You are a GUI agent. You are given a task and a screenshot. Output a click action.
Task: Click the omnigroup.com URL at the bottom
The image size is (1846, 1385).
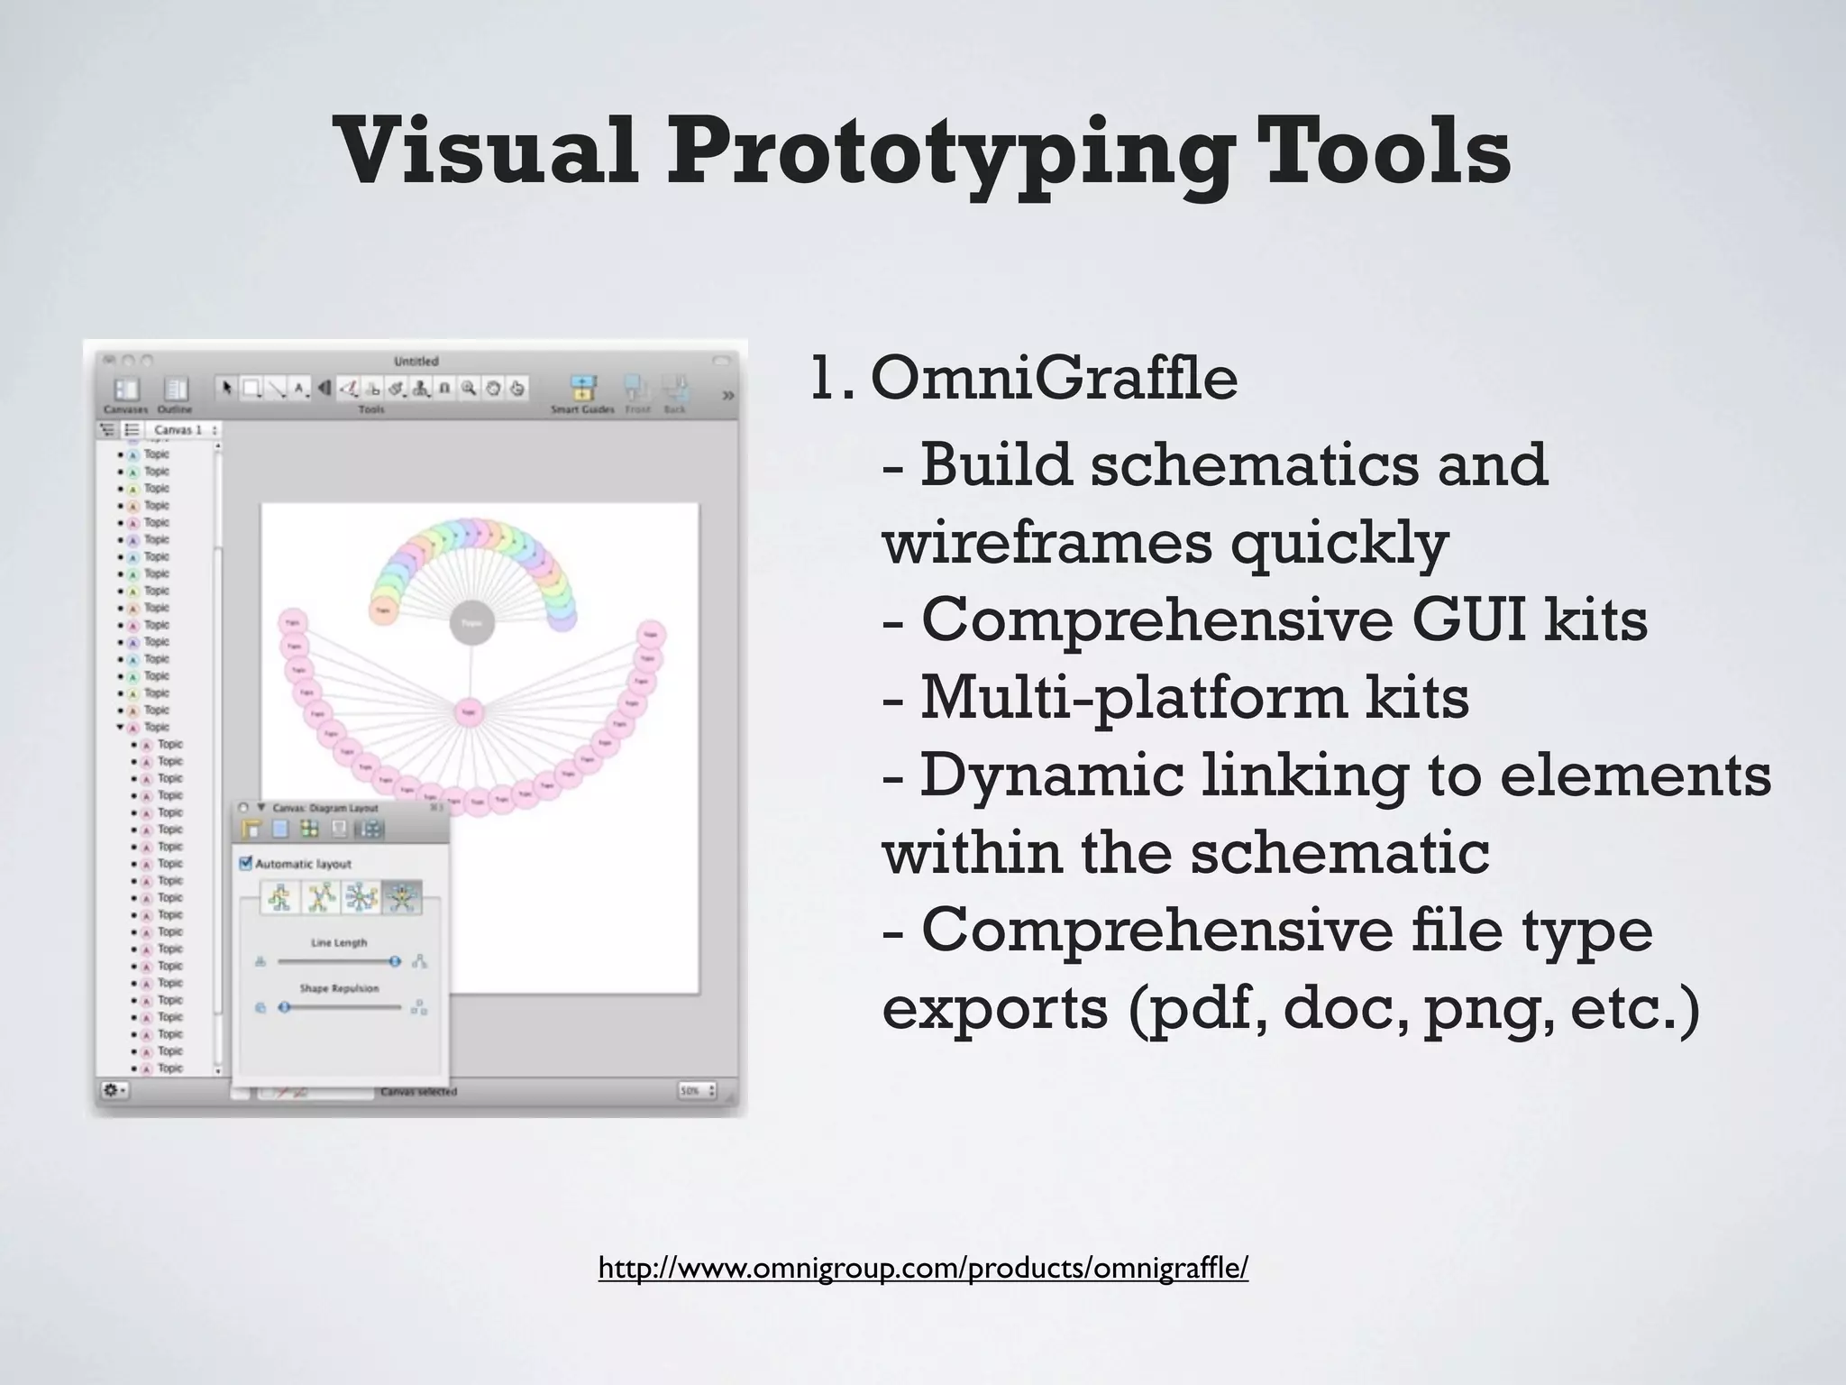[923, 1268]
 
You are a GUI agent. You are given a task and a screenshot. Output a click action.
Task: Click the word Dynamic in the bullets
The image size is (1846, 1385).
[1051, 775]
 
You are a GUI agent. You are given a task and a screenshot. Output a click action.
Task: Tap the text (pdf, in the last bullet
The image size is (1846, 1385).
[1195, 1008]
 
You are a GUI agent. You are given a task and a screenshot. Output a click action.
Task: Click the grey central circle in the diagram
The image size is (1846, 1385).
[471, 623]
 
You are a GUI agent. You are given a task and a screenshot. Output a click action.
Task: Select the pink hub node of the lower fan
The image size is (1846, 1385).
[468, 713]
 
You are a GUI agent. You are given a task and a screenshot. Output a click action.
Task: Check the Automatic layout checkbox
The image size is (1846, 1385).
[245, 863]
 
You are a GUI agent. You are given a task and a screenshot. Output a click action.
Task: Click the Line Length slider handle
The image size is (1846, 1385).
[394, 962]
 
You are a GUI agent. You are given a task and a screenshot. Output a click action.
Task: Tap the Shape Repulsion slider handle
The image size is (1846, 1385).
[284, 1007]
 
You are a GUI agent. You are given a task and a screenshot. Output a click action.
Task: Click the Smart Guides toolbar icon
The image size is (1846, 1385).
[583, 389]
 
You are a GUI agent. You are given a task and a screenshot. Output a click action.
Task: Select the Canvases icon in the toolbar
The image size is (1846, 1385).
[126, 390]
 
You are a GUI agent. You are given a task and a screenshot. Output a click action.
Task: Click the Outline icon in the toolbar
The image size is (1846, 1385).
[175, 390]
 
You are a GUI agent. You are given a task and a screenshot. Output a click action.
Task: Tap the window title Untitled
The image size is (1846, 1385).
[416, 362]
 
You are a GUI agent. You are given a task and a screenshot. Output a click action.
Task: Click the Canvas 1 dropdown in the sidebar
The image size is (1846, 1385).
[185, 430]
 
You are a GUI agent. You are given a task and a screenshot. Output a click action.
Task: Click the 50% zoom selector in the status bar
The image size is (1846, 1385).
[696, 1091]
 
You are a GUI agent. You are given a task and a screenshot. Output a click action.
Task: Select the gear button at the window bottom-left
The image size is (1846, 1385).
[114, 1090]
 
